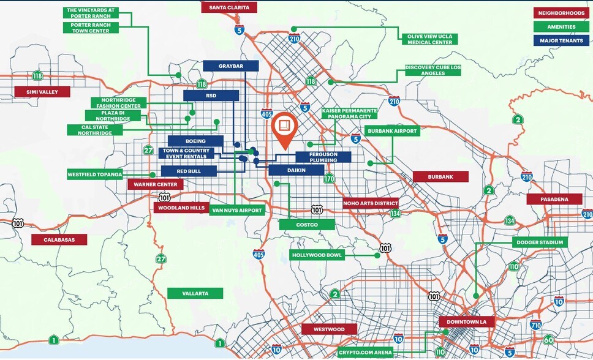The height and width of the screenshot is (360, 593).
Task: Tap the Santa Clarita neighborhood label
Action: [x=229, y=7]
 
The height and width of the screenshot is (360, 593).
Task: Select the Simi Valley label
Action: [x=42, y=91]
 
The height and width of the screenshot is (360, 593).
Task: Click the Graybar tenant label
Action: [x=230, y=66]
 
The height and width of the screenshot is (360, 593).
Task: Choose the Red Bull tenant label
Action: [x=189, y=171]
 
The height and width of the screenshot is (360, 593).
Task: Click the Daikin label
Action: [x=296, y=170]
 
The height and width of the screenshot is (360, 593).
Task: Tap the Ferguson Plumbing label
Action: [x=323, y=157]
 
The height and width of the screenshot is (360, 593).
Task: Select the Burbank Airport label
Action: [x=392, y=131]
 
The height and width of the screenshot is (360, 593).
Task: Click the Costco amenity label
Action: [x=307, y=225]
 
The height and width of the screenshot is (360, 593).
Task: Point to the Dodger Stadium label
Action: [x=540, y=242]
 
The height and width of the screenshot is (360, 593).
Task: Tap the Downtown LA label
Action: [x=467, y=322]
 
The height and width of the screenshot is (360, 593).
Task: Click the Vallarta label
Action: [x=195, y=293]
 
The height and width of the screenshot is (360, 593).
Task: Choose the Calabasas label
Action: [x=59, y=239]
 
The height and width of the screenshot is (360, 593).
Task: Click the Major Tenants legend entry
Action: [x=560, y=41]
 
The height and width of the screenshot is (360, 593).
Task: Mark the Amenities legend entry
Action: [x=560, y=27]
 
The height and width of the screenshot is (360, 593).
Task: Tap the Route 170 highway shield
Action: [x=329, y=179]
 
